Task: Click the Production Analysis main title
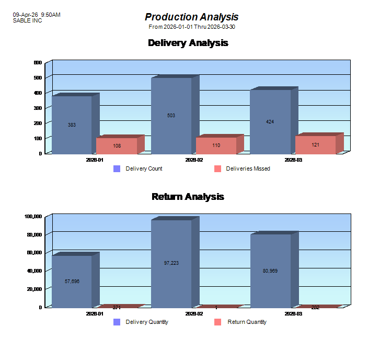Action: tap(191, 17)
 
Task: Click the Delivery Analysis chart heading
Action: tap(188, 43)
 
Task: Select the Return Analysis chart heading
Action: tap(188, 197)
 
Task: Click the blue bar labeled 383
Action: tap(72, 125)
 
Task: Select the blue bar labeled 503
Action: tap(171, 116)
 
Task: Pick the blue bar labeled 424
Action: tap(270, 122)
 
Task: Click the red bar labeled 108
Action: tap(117, 145)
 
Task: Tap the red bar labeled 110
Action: tap(216, 145)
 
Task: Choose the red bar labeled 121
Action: tap(315, 144)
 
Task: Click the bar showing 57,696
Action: tap(72, 281)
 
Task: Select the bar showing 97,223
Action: tap(171, 263)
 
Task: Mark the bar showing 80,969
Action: tap(270, 271)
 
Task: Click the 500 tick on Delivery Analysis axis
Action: tap(38, 78)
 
